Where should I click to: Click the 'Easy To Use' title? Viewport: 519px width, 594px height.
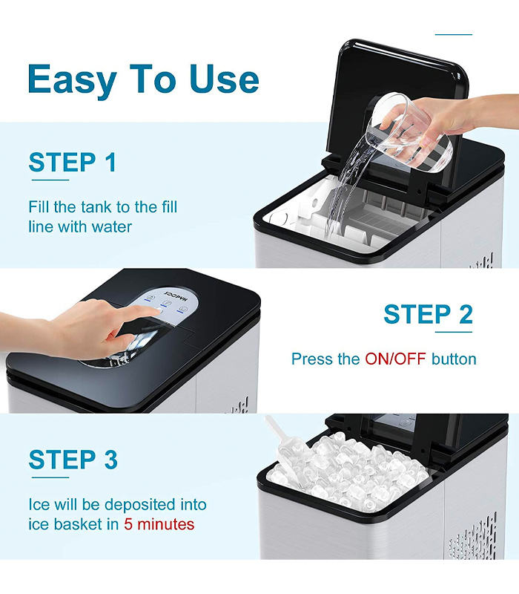[x=143, y=79]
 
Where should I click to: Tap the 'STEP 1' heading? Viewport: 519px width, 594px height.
[x=72, y=163]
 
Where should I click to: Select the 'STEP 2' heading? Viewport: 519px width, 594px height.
[x=429, y=314]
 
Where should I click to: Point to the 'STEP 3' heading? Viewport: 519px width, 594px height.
[x=73, y=460]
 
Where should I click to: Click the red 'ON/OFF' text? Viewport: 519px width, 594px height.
[x=395, y=359]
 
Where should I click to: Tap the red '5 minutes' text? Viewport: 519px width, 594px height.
[x=159, y=525]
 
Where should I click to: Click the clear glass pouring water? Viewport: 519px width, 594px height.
[x=409, y=133]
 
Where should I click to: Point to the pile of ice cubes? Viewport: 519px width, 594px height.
[x=348, y=471]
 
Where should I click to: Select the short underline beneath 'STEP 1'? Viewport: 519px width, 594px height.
[x=50, y=180]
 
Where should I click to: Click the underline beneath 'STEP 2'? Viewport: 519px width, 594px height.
[x=454, y=332]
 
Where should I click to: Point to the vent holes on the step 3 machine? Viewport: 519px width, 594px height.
[x=473, y=538]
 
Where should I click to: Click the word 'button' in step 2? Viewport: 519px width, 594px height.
[x=454, y=359]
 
